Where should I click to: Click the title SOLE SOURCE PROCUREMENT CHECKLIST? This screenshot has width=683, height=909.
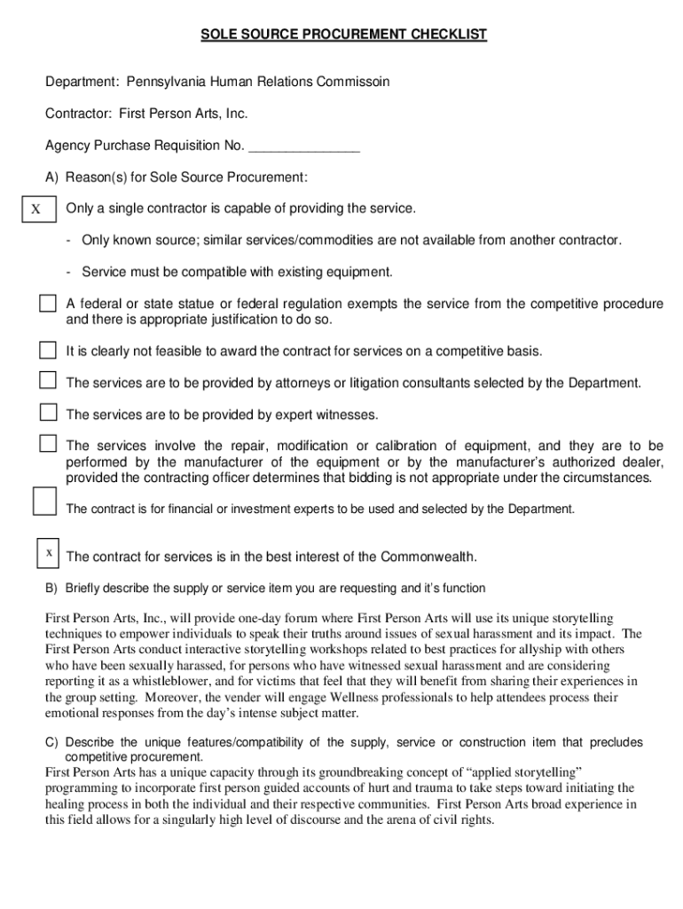pos(343,35)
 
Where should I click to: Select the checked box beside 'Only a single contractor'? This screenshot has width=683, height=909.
pos(36,209)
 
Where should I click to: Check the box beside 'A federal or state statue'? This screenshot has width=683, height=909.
pos(47,304)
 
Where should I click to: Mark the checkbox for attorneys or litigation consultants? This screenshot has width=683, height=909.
pos(47,380)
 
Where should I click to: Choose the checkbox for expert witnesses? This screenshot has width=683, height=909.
pos(47,412)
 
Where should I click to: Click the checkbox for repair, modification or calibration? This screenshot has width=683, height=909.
pos(47,443)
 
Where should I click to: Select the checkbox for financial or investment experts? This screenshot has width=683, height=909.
pos(44,501)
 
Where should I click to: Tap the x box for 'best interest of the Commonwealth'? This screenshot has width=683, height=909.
pos(48,553)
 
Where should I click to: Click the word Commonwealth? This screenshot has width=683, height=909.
pos(428,557)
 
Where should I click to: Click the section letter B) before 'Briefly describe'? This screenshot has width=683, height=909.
pos(51,589)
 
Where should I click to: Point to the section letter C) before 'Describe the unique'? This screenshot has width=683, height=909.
pos(51,742)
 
